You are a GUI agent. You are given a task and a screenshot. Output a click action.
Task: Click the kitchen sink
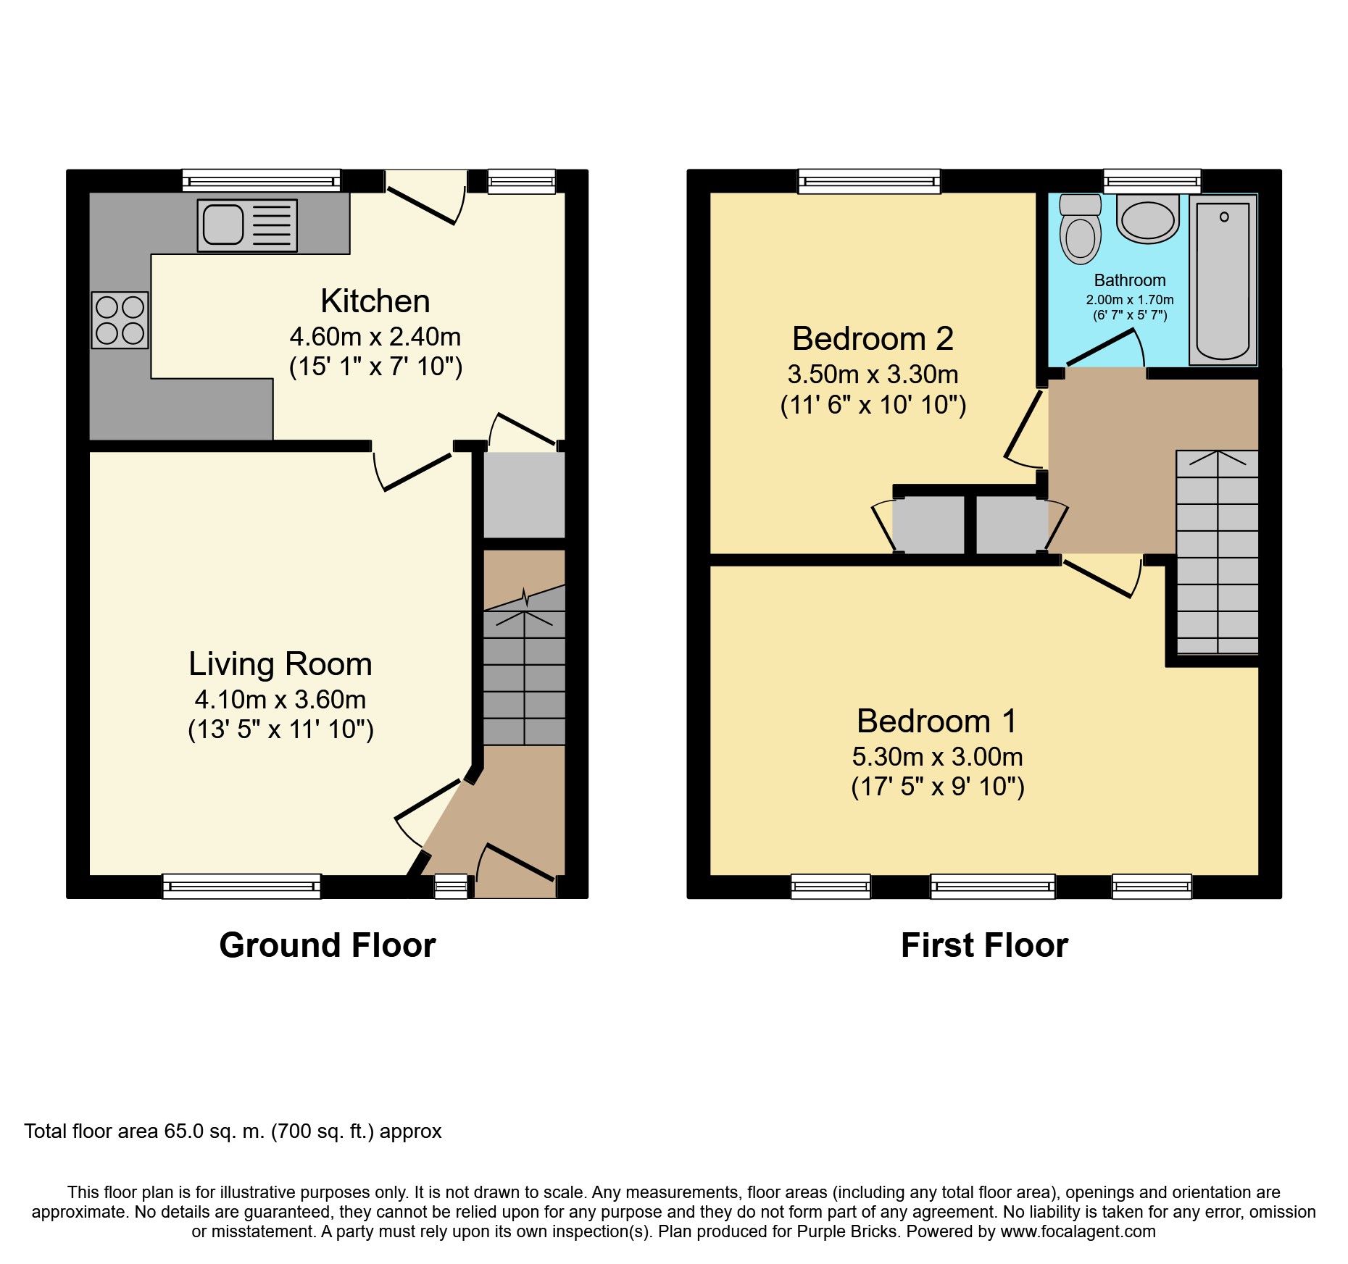(x=247, y=225)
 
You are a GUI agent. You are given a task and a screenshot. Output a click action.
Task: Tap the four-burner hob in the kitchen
(x=120, y=320)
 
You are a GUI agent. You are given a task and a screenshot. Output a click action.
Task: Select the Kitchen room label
(x=375, y=301)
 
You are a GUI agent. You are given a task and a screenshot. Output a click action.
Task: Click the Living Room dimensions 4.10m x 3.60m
(x=280, y=700)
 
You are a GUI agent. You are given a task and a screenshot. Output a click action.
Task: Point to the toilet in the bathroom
(x=1080, y=229)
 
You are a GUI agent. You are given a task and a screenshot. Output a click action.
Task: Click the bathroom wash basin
(x=1148, y=218)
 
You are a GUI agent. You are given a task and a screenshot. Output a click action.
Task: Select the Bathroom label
(x=1130, y=280)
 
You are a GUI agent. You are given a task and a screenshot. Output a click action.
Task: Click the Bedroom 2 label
(x=873, y=339)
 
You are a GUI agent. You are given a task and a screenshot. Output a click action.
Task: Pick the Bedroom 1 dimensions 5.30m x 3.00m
(x=938, y=757)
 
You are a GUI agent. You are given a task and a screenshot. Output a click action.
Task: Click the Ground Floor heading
(x=328, y=945)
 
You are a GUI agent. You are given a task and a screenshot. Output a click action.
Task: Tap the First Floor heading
(x=984, y=945)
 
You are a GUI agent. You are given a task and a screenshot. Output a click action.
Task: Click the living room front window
(x=241, y=886)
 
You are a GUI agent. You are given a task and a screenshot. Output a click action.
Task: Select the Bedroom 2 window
(x=869, y=181)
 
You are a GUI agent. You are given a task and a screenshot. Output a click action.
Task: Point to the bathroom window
(x=1152, y=181)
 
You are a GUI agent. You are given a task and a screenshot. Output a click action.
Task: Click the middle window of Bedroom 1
(x=993, y=886)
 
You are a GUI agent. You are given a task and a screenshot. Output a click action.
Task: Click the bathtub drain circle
(x=1224, y=217)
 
